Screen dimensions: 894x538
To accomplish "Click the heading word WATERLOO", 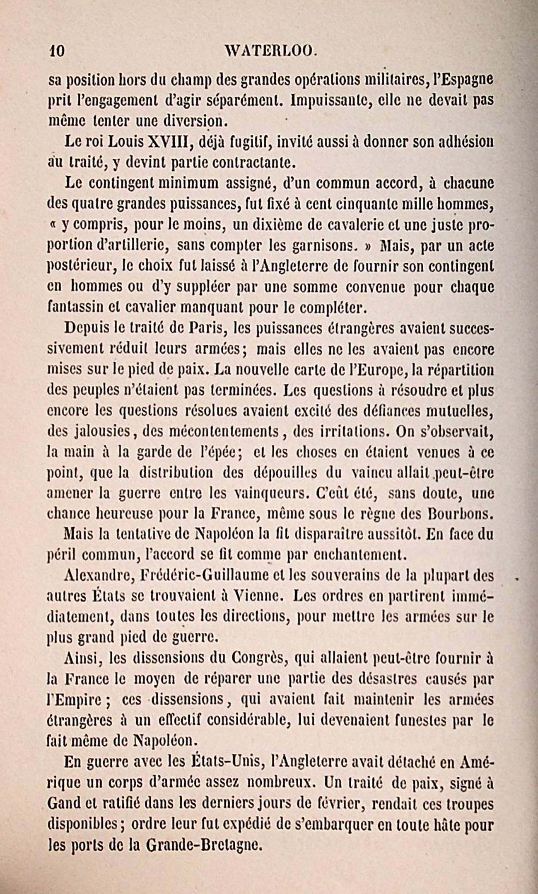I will (x=271, y=51).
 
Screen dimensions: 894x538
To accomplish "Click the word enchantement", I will (x=357, y=555).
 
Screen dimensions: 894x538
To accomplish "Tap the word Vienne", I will (x=256, y=596).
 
